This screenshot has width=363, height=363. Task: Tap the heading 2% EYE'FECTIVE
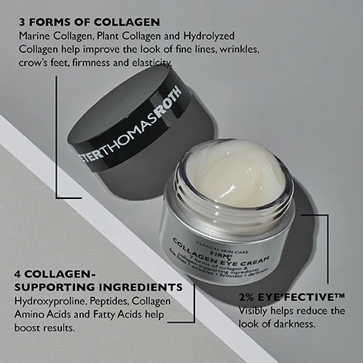click(283, 297)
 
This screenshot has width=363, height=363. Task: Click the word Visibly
click(255, 311)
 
